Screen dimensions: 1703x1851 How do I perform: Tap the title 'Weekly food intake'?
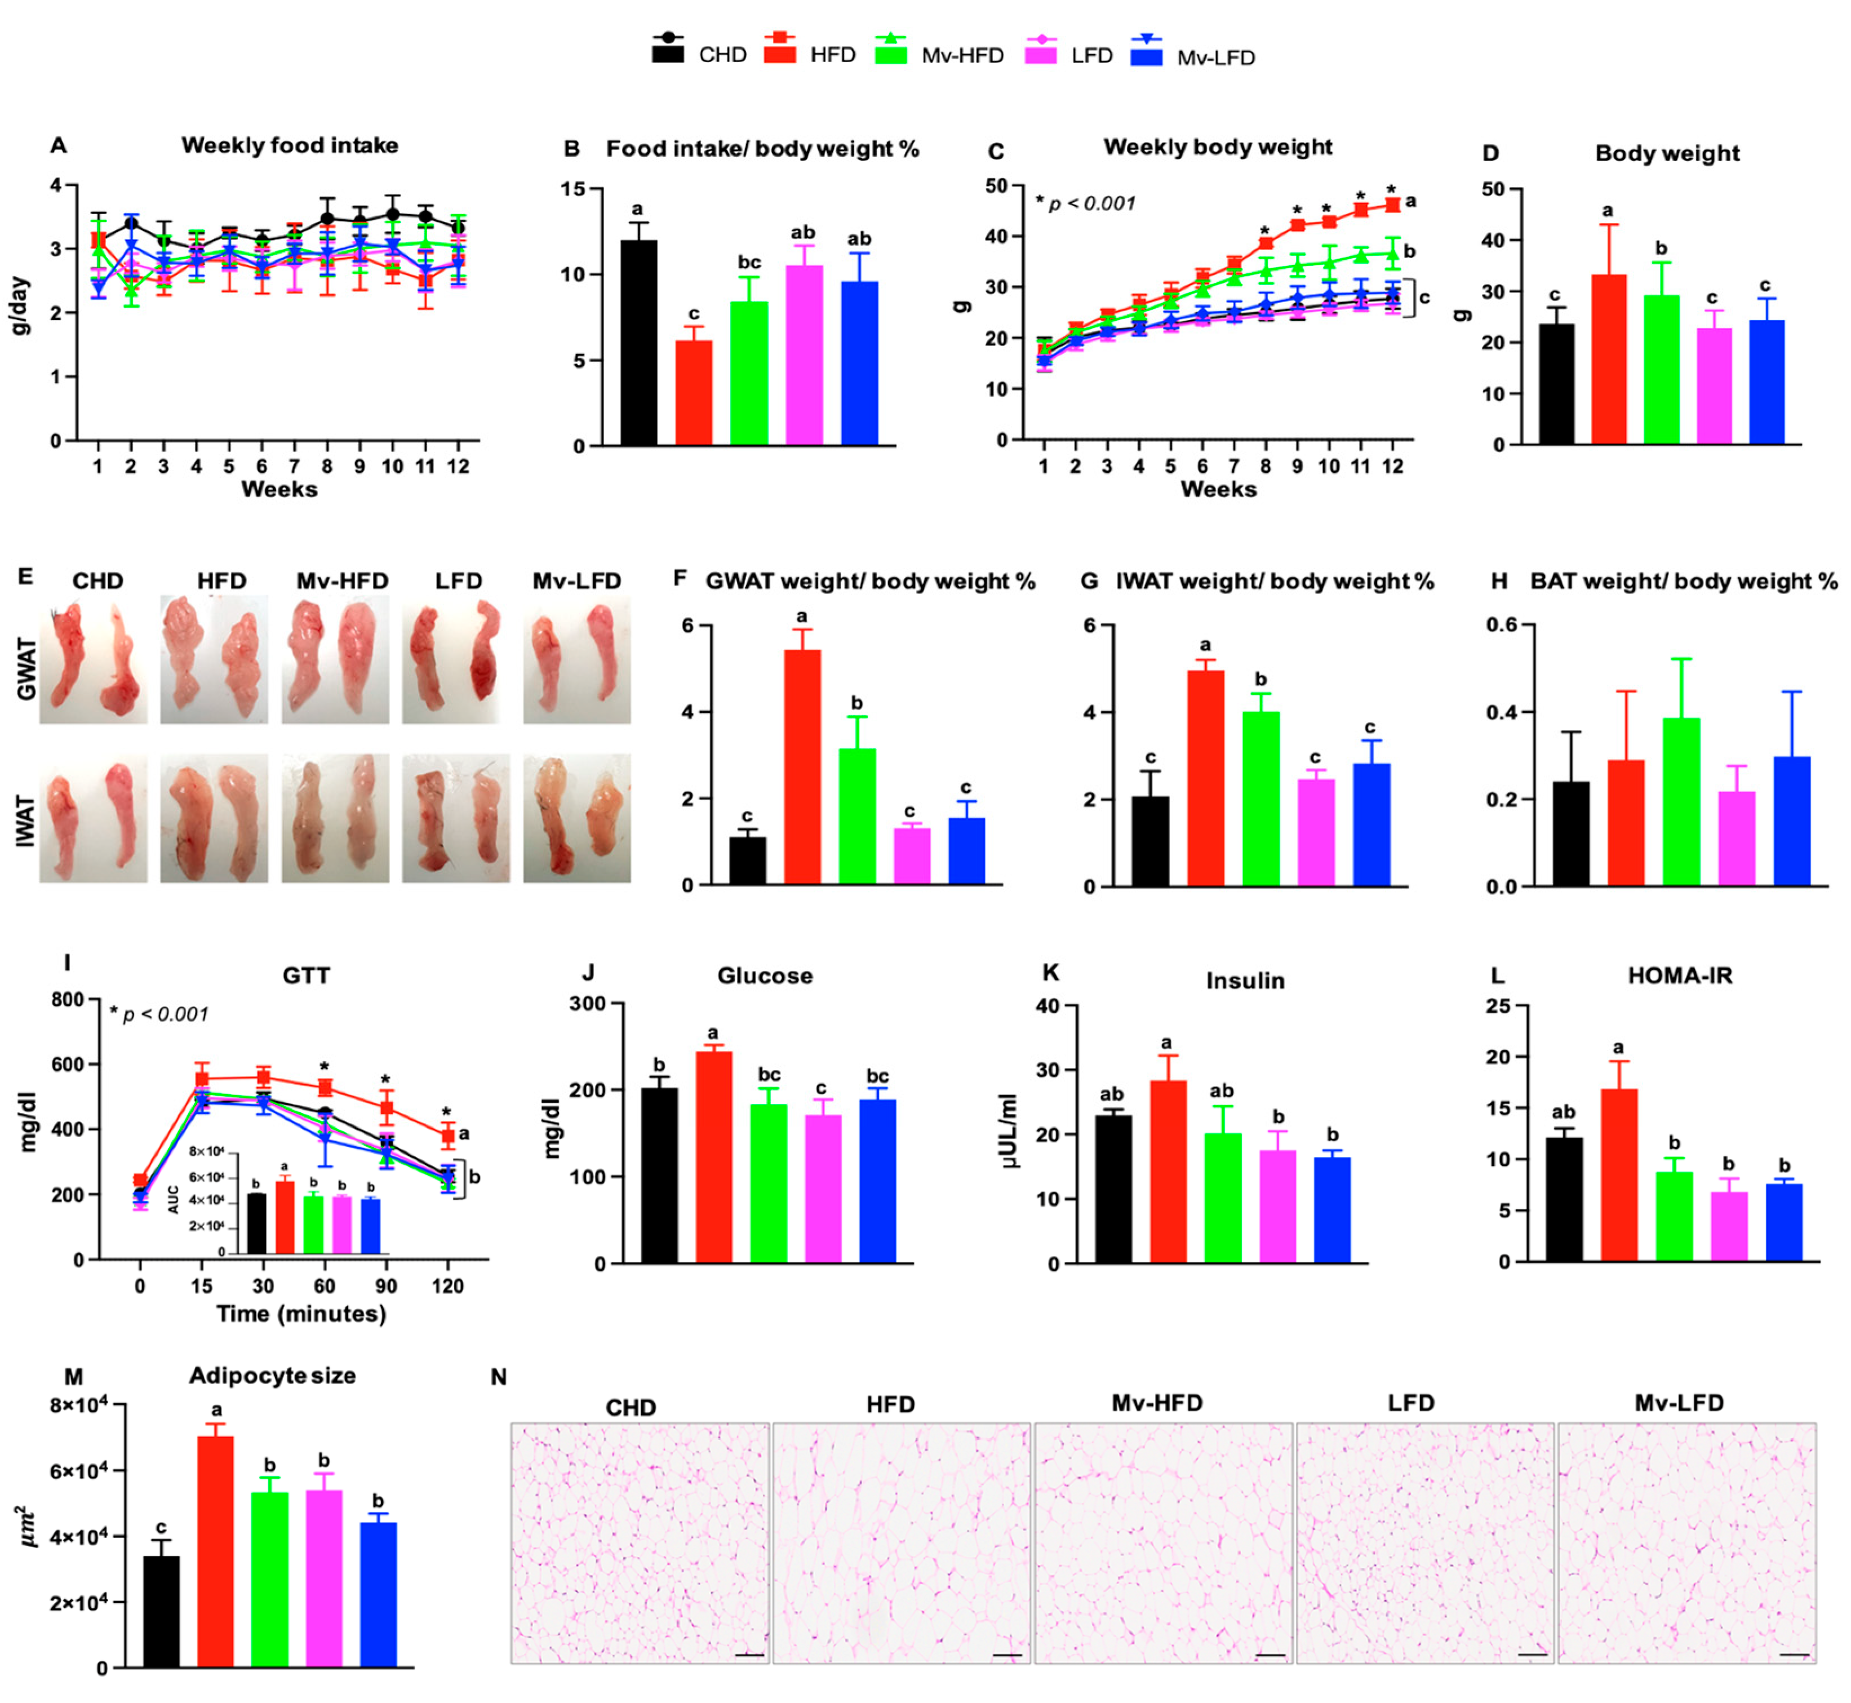pyautogui.click(x=289, y=145)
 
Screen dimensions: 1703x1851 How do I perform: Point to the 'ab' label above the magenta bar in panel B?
pyautogui.click(x=802, y=232)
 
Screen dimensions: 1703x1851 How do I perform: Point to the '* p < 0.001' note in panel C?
pyautogui.click(x=1085, y=203)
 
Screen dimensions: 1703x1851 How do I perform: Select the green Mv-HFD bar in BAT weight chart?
pyautogui.click(x=1680, y=802)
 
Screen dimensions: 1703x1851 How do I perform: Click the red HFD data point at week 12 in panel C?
pyautogui.click(x=1392, y=205)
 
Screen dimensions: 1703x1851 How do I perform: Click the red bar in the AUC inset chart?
pyautogui.click(x=285, y=1217)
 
